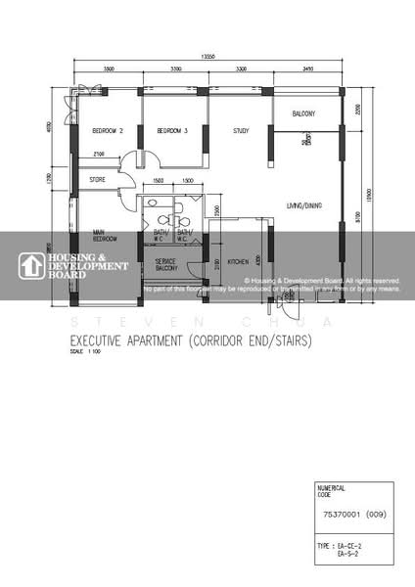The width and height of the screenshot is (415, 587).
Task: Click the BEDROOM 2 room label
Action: point(107,130)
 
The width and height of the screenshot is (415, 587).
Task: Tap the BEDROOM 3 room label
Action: point(171,130)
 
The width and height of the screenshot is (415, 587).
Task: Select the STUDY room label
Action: point(240,130)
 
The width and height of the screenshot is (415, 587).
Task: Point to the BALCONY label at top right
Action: point(302,113)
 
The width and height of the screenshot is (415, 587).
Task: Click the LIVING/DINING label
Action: point(304,205)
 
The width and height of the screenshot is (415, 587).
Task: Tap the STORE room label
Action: point(97,179)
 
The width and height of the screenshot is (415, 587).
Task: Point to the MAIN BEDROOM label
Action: point(106,236)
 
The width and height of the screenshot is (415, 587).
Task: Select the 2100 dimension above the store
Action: point(99,155)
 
